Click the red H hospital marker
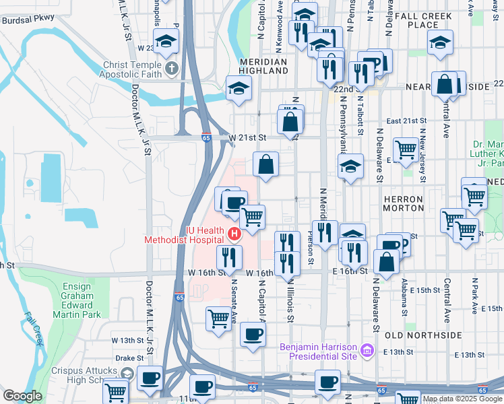pyautogui.click(x=234, y=234)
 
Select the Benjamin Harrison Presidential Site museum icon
pyautogui.click(x=367, y=350)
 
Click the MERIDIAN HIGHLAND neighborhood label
pyautogui.click(x=263, y=66)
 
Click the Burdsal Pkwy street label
pyautogui.click(x=28, y=20)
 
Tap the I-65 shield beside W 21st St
pyautogui.click(x=206, y=137)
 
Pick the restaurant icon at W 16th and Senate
pyautogui.click(x=229, y=257)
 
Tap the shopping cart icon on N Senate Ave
pyautogui.click(x=218, y=318)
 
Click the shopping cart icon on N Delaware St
pyautogui.click(x=406, y=149)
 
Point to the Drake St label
pyautogui.click(x=130, y=358)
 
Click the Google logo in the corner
pyautogui.click(x=22, y=397)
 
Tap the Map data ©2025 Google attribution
pyautogui.click(x=462, y=399)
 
